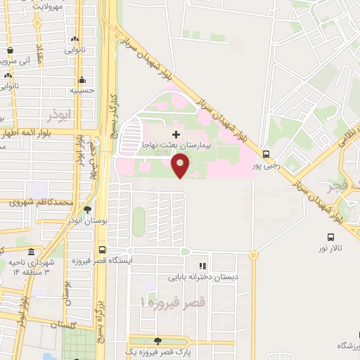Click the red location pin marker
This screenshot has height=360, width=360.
pos(180,165)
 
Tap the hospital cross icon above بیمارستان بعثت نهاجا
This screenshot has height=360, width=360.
pos(176,133)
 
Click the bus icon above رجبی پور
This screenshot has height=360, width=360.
pos(265,154)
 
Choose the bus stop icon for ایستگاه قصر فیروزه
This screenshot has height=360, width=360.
pos(103,250)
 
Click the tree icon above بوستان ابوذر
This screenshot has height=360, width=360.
pos(87,210)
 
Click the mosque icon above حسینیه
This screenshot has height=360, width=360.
pos(82,79)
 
